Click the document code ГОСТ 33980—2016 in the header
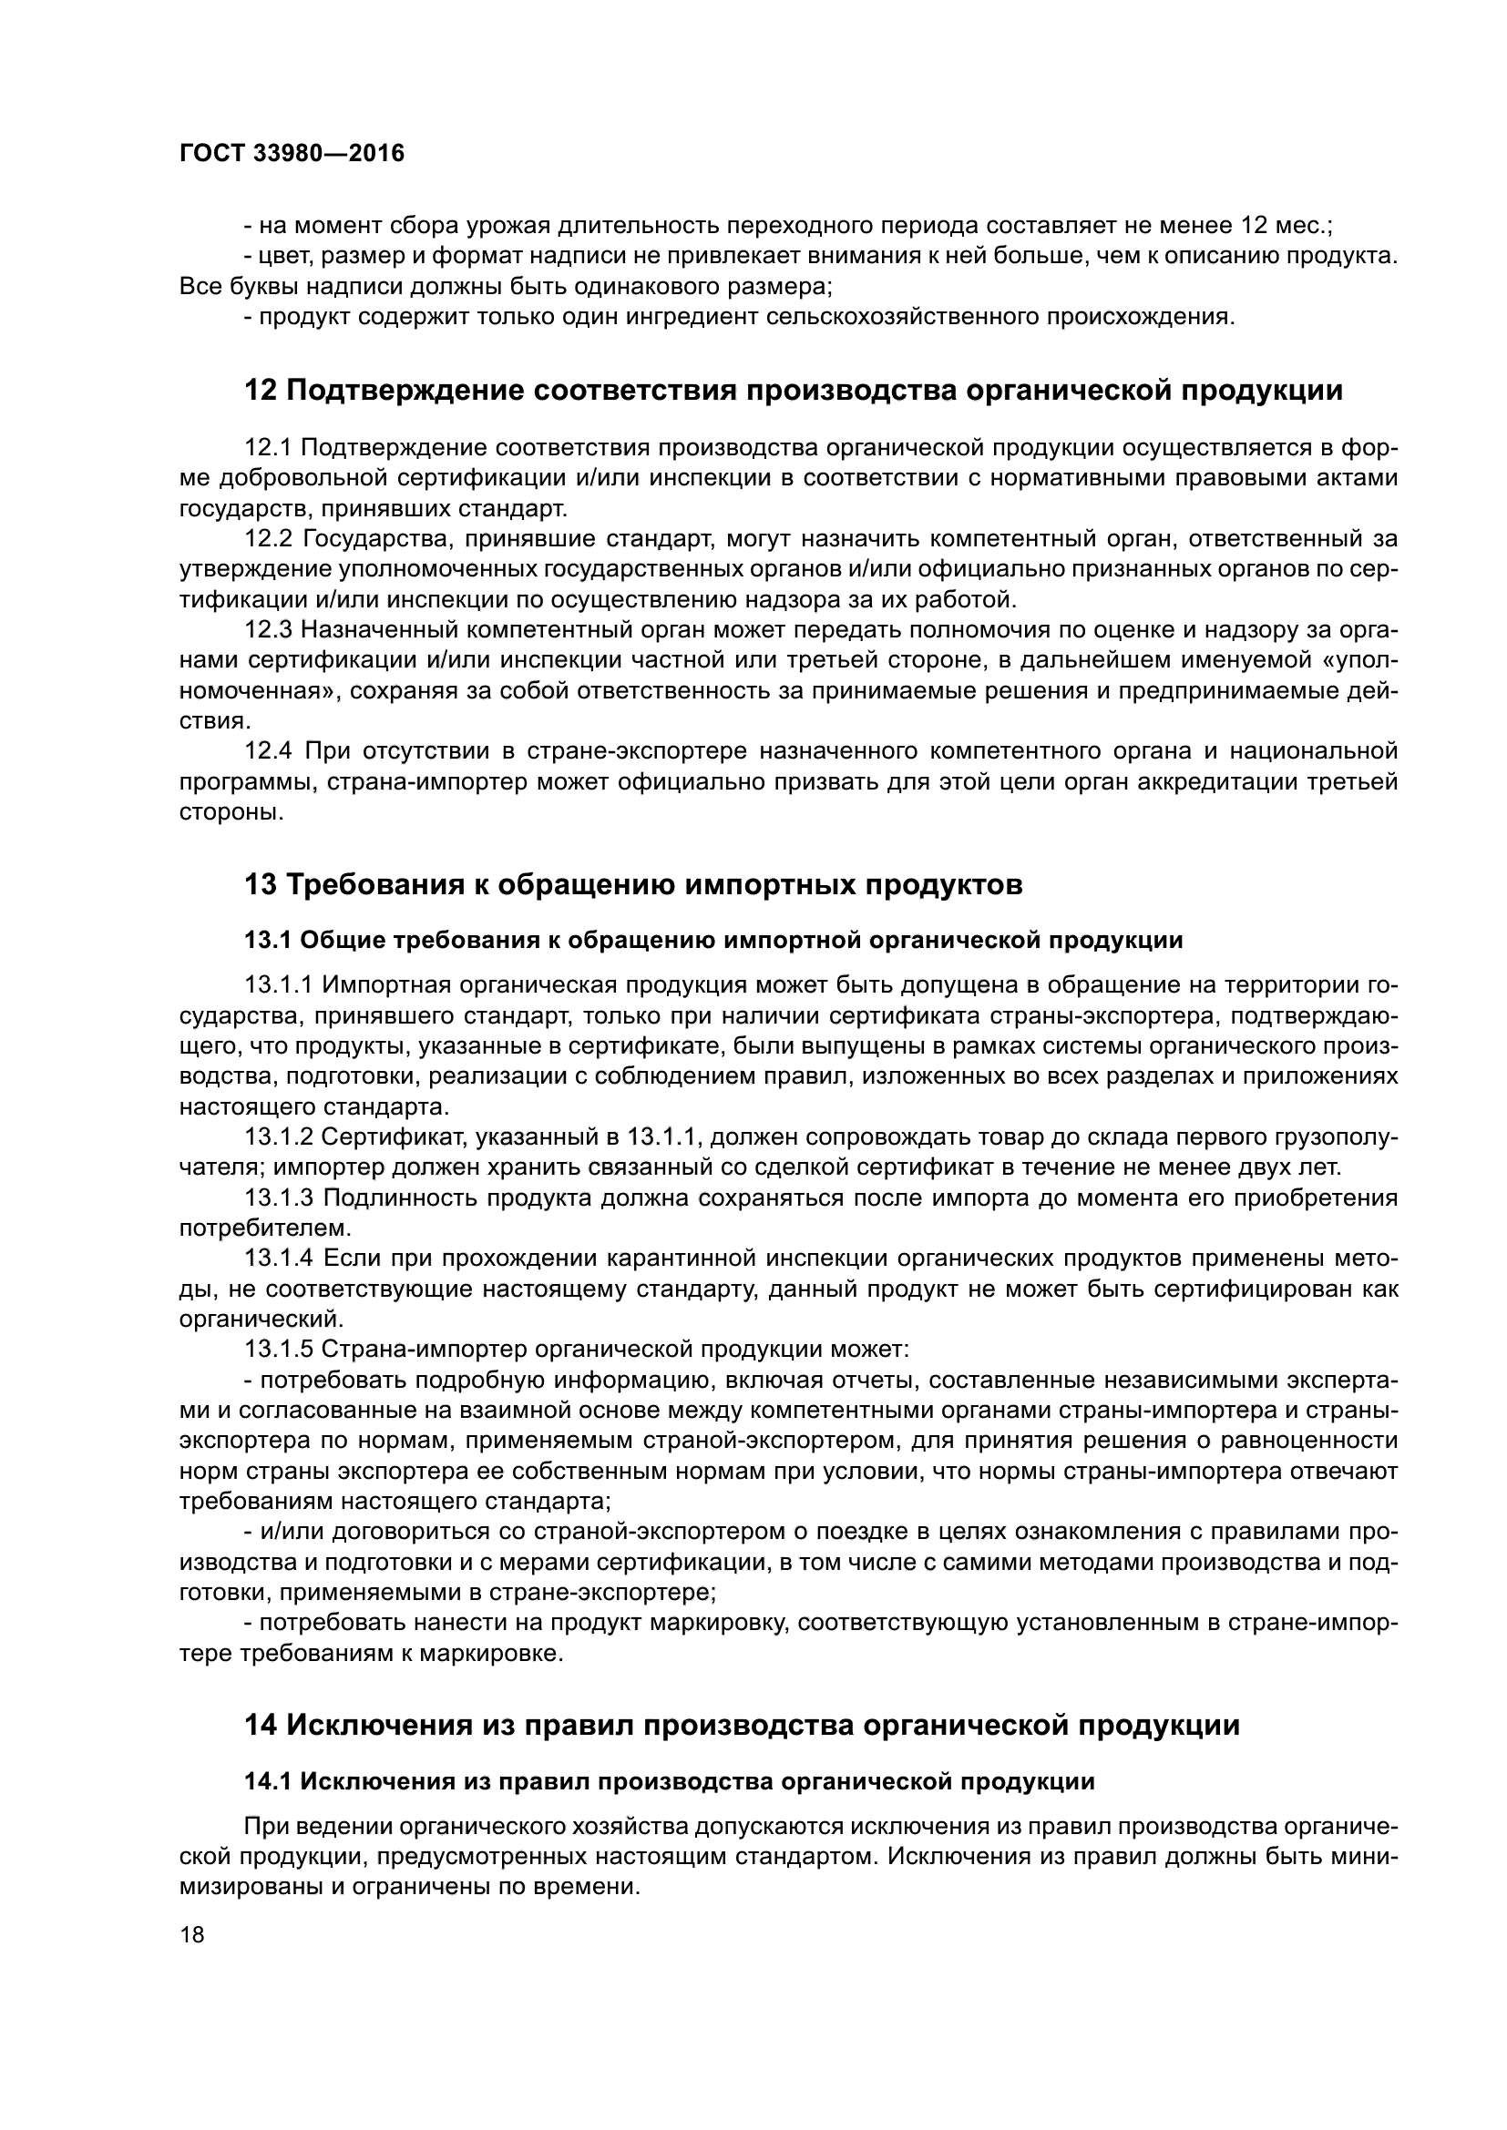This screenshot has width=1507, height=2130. pyautogui.click(x=292, y=153)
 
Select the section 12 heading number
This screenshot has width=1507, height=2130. pyautogui.click(x=260, y=391)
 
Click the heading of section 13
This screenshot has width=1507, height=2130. pyautogui.click(x=633, y=884)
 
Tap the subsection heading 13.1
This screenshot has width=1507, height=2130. pyautogui.click(x=712, y=941)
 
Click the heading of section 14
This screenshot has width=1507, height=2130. pyautogui.click(x=742, y=1726)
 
